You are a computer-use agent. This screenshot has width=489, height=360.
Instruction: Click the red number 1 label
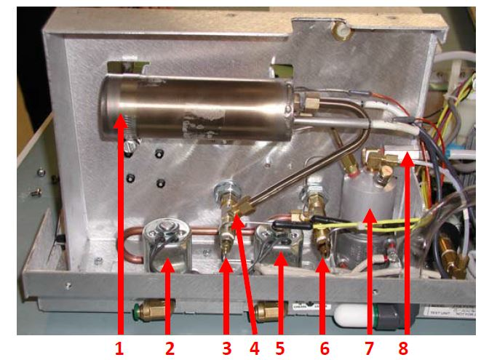pos(120,348)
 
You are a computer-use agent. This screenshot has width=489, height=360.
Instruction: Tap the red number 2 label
pos(170,348)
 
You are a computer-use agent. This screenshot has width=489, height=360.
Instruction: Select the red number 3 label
pos(226,348)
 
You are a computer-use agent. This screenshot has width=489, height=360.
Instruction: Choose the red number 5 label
pos(279,348)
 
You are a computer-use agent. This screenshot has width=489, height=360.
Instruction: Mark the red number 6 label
pos(325,348)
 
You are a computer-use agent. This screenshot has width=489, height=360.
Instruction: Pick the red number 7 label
pos(370,348)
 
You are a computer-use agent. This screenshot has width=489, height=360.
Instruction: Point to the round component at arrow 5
pos(277,244)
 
